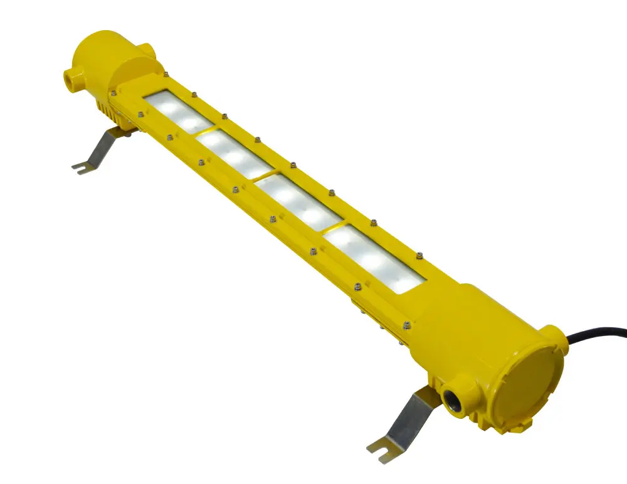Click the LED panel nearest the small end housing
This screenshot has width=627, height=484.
[x=176, y=111]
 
